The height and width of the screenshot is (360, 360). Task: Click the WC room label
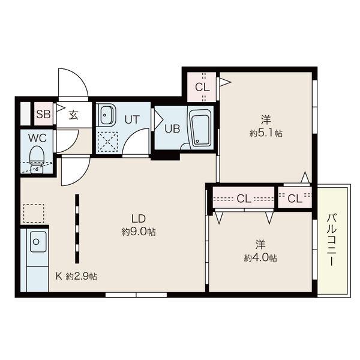tap(37, 138)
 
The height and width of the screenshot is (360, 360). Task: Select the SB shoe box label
tap(43, 114)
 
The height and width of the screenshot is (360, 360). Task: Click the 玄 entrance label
tap(73, 115)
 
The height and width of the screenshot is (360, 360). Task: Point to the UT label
tap(132, 119)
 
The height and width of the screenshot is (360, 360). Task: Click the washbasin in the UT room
tap(106, 115)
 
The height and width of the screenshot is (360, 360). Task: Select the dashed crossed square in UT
tap(107, 142)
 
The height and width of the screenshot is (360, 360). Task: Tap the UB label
tap(172, 129)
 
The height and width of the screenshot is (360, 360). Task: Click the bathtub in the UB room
tap(200, 128)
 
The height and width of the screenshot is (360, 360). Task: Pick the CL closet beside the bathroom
tap(202, 87)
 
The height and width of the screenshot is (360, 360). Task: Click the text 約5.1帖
tap(266, 133)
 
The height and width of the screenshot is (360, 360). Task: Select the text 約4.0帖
tap(260, 258)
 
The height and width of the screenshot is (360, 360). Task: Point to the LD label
tap(139, 219)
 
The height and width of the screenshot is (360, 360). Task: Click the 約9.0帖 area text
tap(139, 232)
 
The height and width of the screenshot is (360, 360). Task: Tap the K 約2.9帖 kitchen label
tap(76, 276)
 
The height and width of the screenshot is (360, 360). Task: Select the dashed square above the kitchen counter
tap(34, 213)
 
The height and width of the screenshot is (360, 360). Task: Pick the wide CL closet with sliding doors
tap(244, 198)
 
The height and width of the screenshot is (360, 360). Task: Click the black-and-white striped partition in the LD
tap(77, 229)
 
